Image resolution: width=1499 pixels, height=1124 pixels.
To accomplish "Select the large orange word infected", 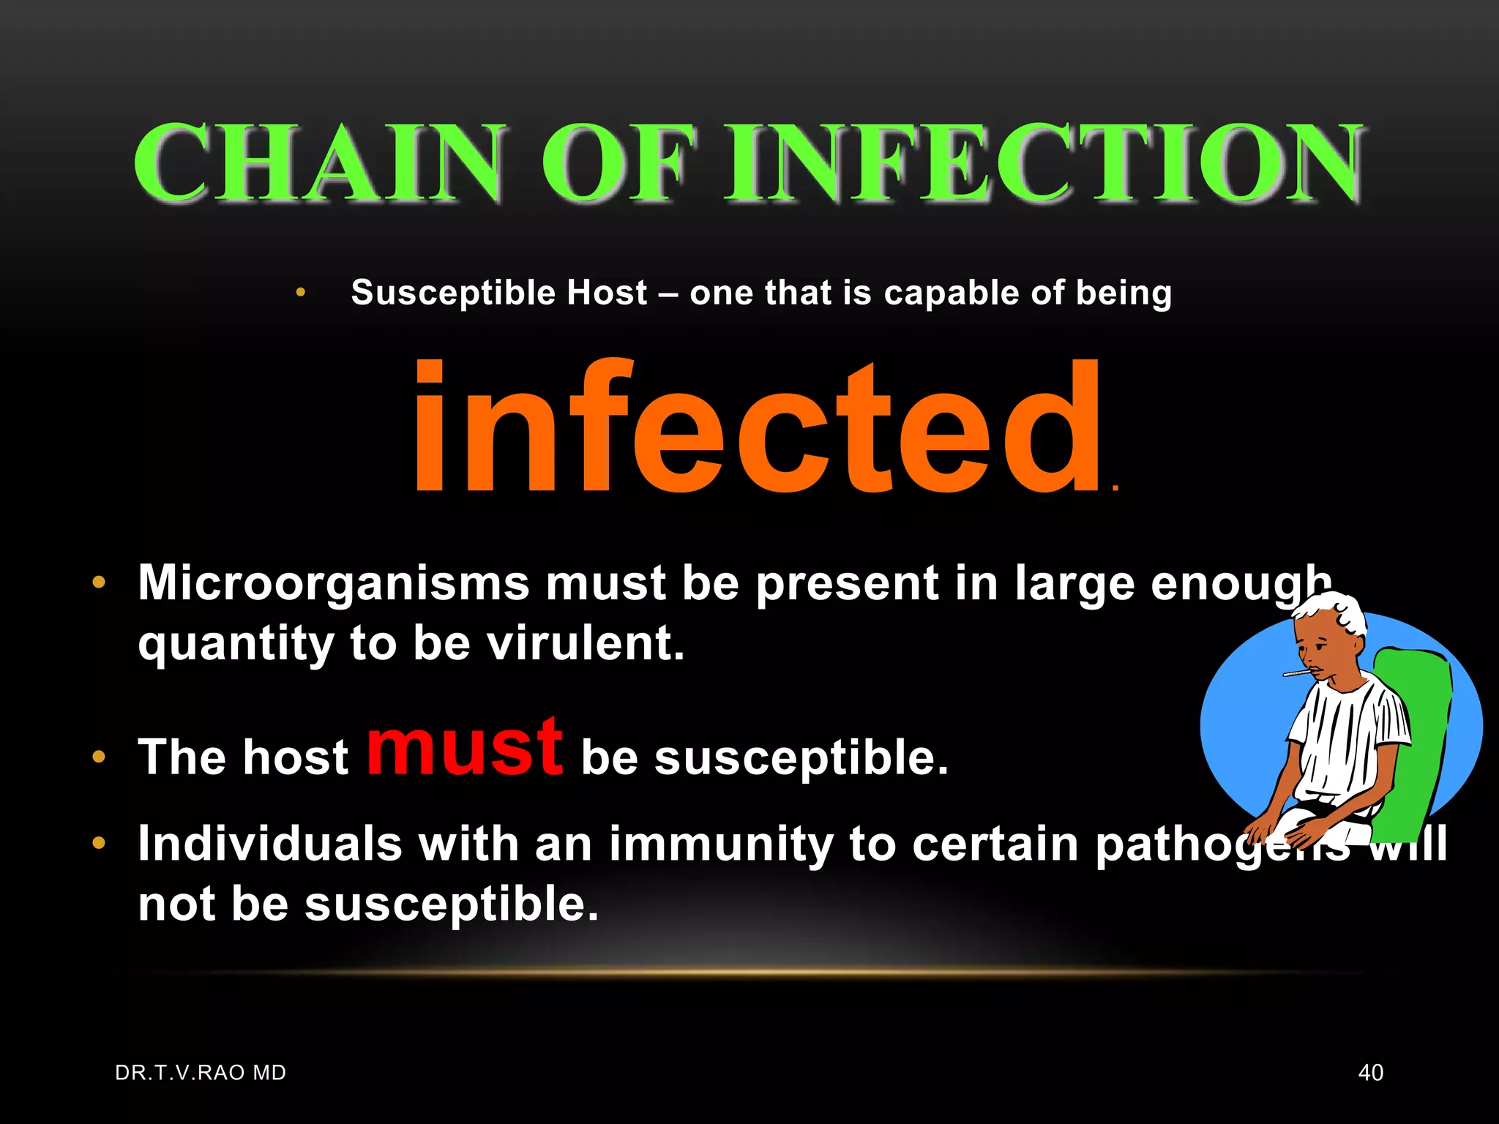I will point(758,428).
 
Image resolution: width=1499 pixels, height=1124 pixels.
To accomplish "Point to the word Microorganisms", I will point(333,583).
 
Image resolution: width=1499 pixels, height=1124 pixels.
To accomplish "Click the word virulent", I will point(586,643).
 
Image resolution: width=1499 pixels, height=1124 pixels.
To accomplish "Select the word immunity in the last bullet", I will point(721,843).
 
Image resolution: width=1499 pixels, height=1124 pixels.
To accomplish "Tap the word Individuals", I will point(270,843).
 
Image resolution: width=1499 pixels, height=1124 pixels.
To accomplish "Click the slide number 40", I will point(1370,1073).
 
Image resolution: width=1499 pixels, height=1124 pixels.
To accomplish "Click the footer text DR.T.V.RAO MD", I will point(201,1073).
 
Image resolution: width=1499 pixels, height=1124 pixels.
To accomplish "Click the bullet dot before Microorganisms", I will point(99,583).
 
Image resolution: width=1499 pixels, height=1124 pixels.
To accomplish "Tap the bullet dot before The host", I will point(99,757).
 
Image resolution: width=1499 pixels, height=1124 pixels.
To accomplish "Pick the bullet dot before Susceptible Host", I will point(300,293).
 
